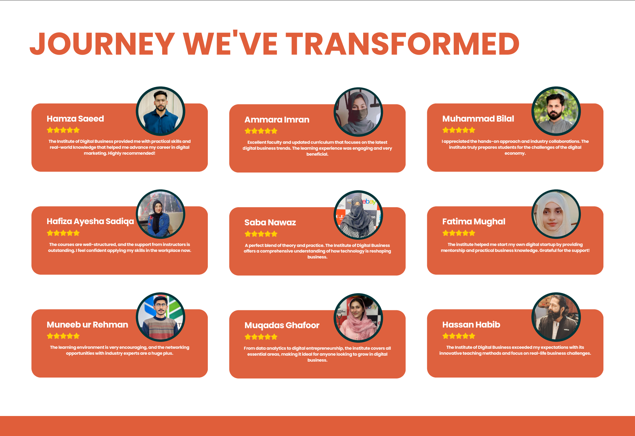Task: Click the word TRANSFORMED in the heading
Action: coord(402,44)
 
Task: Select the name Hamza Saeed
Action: coord(75,119)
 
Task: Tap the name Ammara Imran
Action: coord(277,120)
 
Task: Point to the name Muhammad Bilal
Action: coord(478,119)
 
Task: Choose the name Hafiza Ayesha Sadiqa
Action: coord(90,222)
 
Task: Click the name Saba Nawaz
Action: coord(270,223)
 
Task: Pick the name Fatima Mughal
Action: coord(474,222)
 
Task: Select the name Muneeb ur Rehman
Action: coord(87,325)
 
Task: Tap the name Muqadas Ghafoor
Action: coord(282,325)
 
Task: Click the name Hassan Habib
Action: coord(471,325)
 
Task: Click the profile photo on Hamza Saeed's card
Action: coord(161,111)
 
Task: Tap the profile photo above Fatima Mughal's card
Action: coord(556,214)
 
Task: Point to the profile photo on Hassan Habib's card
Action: coord(556,317)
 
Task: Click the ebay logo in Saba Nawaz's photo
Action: coord(369,202)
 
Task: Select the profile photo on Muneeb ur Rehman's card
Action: coord(161,317)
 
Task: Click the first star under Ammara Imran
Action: coord(248,131)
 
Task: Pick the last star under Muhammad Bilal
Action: coord(472,130)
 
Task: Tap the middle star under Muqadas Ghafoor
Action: coord(261,337)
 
